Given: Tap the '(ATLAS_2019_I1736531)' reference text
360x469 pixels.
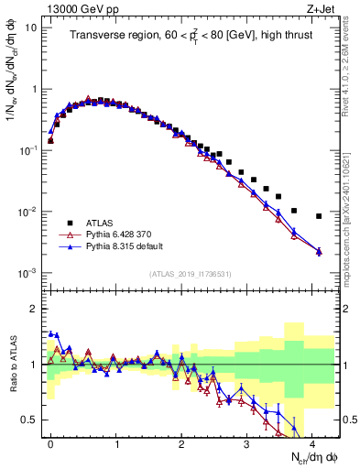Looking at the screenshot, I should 192,273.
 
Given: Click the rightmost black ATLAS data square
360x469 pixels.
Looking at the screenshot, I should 319,216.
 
